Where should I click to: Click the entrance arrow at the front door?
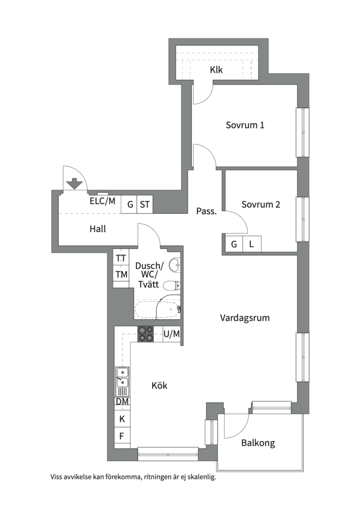point(75,183)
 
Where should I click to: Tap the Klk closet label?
point(217,69)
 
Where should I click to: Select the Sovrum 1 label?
point(245,125)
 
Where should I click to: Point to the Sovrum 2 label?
point(260,204)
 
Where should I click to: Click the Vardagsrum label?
point(245,318)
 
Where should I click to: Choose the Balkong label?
point(258,443)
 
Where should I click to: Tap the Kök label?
point(159,385)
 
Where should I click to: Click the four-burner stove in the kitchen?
point(146,334)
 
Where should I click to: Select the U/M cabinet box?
point(171,334)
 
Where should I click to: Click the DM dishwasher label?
point(122,402)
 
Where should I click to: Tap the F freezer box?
point(122,436)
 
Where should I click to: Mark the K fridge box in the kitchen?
point(122,419)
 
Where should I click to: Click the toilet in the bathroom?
point(172,285)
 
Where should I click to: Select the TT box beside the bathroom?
point(121,258)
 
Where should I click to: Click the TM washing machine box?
point(121,274)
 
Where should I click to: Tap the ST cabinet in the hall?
point(144,204)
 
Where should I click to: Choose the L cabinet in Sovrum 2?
point(252,244)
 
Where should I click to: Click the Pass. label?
point(206,212)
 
